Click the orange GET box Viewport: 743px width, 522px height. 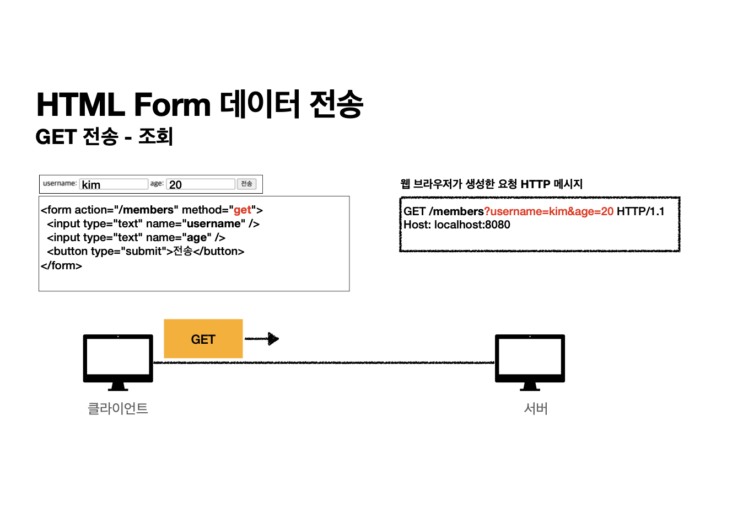[x=203, y=339]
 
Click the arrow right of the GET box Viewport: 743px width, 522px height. [x=262, y=339]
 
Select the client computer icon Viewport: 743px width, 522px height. [x=118, y=361]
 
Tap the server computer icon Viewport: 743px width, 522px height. [x=530, y=361]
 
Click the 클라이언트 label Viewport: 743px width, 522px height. [x=118, y=408]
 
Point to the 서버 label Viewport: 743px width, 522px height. [x=536, y=408]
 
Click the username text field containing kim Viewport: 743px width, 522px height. [x=114, y=184]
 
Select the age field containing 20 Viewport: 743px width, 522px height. [x=201, y=184]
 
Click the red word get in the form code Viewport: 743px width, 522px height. [x=243, y=210]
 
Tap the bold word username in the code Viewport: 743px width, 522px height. [x=214, y=223]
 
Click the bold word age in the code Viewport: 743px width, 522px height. [x=197, y=237]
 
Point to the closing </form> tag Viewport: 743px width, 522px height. [x=61, y=265]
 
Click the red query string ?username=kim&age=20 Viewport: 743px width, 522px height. [x=549, y=211]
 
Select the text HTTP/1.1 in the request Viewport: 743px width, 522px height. [x=640, y=211]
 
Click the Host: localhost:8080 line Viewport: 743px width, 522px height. [x=457, y=225]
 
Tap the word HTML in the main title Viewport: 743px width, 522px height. [x=80, y=105]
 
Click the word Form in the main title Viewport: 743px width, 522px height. [x=172, y=105]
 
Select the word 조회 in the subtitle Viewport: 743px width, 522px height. [x=156, y=136]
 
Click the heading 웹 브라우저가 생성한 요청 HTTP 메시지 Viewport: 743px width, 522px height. [x=492, y=184]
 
